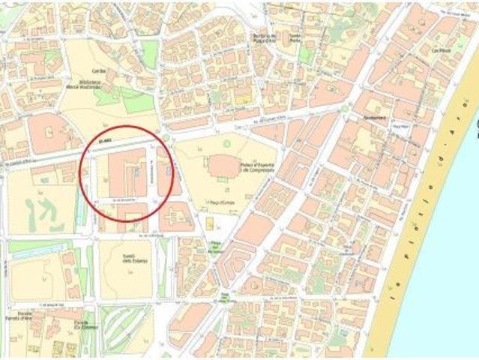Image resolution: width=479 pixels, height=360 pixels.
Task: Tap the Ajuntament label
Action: pos(374,118)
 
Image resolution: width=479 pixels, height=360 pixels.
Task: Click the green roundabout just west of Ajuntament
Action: pos(344,109)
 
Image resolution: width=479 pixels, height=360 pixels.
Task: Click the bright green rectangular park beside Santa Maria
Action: pos(305,56)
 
